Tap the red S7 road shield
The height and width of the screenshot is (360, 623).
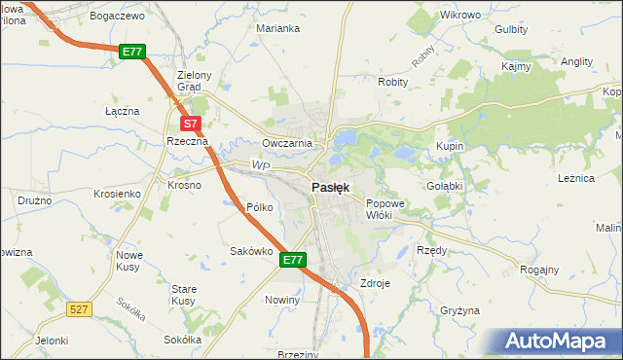point(191,124)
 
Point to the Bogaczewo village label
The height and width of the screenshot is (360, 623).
point(116,17)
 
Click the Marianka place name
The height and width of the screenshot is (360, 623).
point(277,28)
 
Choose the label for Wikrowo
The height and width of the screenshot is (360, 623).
point(460,16)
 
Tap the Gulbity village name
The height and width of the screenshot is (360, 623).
point(511,29)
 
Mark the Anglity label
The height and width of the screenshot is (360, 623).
point(577,60)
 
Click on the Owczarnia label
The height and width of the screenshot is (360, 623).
point(286,143)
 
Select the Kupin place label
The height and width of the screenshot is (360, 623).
point(450,146)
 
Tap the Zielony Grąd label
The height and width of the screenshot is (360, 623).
point(190,80)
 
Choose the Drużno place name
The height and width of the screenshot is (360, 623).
point(34,199)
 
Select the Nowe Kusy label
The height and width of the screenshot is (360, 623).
point(129,260)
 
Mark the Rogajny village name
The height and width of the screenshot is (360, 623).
point(539,270)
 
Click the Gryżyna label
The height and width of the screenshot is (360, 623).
point(459,310)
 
